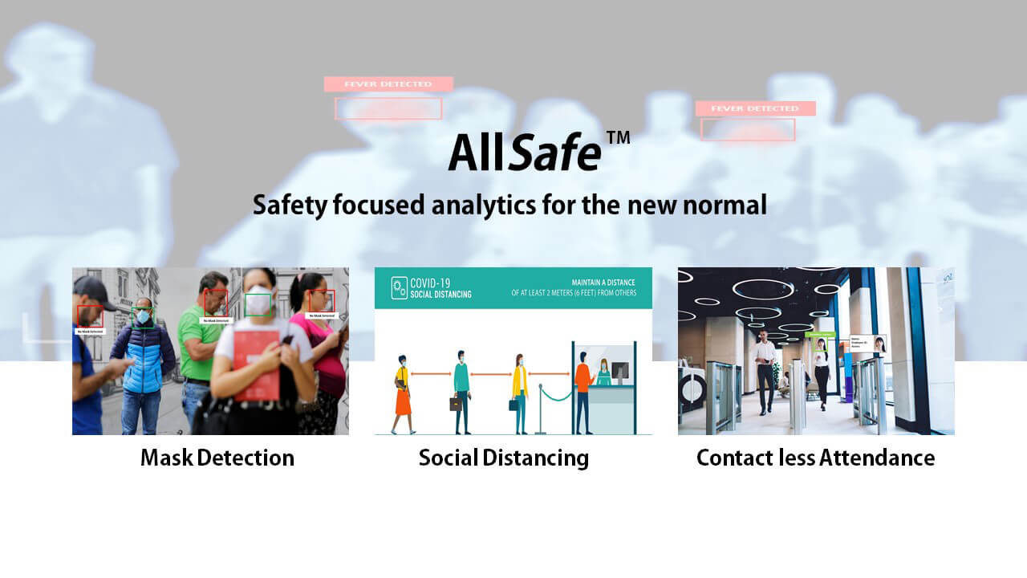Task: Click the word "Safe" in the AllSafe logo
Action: tap(554, 153)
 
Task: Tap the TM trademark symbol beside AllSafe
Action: tap(618, 138)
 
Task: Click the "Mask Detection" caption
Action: tap(217, 458)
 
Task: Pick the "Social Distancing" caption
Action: tap(503, 458)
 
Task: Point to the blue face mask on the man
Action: tap(143, 317)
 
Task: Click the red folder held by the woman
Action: tap(257, 365)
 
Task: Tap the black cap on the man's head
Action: tap(92, 289)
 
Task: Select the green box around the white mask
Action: tap(258, 305)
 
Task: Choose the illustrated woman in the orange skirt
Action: tap(402, 393)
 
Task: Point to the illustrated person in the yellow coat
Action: tap(520, 389)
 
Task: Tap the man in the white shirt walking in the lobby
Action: tap(765, 369)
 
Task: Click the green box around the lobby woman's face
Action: tap(821, 345)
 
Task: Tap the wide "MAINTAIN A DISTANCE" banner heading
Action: tap(603, 283)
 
